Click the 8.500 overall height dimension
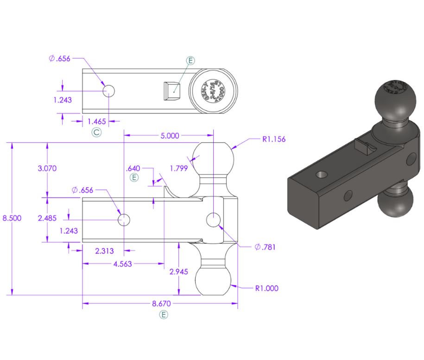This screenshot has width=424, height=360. [x=12, y=219]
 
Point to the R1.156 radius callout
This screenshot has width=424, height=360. [x=274, y=139]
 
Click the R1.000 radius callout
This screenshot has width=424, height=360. [x=267, y=288]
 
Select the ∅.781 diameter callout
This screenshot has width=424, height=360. [x=265, y=247]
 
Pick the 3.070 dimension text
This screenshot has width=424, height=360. [x=47, y=168]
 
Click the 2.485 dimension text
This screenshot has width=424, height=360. [x=47, y=218]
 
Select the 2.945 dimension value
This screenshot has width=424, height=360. [x=179, y=272]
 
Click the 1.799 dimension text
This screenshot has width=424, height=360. [x=178, y=168]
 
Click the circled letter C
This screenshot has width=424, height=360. [x=96, y=133]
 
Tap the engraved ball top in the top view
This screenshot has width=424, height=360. [x=214, y=90]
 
